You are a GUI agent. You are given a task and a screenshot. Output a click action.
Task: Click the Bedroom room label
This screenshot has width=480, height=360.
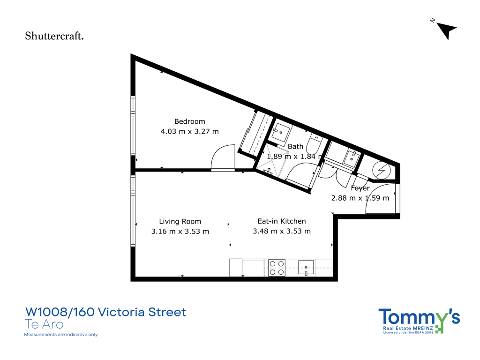pos(189,121)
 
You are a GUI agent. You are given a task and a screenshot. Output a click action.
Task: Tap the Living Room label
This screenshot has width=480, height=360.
pos(180,222)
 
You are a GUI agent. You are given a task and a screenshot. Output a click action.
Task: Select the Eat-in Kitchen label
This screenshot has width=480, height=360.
pos(282,221)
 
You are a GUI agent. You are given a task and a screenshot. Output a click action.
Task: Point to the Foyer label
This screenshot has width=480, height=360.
pos(360,188)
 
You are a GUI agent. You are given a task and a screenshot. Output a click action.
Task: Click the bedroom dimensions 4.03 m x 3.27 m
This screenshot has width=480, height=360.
pos(189,132)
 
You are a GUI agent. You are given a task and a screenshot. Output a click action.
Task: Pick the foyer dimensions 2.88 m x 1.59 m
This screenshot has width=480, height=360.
pos(360,198)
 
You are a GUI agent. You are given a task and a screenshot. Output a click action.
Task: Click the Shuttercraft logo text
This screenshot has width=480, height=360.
pos(54,36)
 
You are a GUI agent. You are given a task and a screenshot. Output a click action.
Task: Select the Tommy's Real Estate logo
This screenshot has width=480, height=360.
pos(419,321)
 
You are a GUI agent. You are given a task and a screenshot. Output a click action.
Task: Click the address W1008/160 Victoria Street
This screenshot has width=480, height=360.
pos(105,312)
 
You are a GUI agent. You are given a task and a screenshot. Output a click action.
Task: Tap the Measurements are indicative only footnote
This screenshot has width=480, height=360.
pos(60,335)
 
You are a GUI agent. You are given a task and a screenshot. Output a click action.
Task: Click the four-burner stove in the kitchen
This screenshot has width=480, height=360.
pos(277,268)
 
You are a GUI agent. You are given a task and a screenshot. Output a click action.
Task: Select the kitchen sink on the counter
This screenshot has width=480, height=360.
pos(306,268)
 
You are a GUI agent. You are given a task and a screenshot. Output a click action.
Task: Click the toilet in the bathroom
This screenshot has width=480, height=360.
pos(315,143)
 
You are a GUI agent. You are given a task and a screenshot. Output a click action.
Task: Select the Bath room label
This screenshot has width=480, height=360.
pos(295,147)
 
